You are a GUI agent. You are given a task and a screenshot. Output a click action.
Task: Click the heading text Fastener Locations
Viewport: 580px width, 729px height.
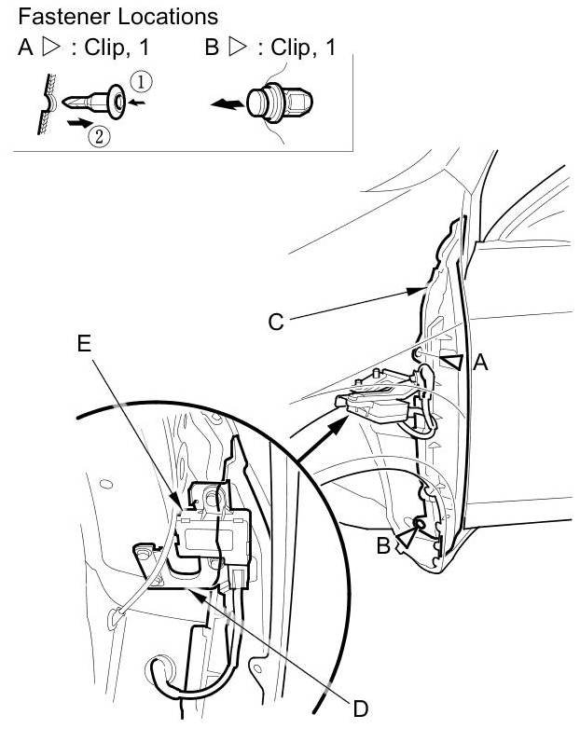coord(117,16)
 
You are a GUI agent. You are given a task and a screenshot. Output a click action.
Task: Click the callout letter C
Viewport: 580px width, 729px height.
coord(275,322)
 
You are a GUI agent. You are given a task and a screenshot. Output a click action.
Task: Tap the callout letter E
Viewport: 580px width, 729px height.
coord(84,343)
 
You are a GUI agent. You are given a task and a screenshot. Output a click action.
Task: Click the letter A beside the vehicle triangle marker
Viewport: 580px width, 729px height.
coord(480,363)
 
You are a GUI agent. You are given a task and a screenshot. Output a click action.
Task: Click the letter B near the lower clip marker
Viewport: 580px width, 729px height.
coord(383,546)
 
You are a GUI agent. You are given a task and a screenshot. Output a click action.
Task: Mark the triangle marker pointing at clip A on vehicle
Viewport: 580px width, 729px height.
coord(452,362)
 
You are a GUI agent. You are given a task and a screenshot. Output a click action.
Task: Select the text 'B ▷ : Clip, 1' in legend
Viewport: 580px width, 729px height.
coord(270,48)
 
